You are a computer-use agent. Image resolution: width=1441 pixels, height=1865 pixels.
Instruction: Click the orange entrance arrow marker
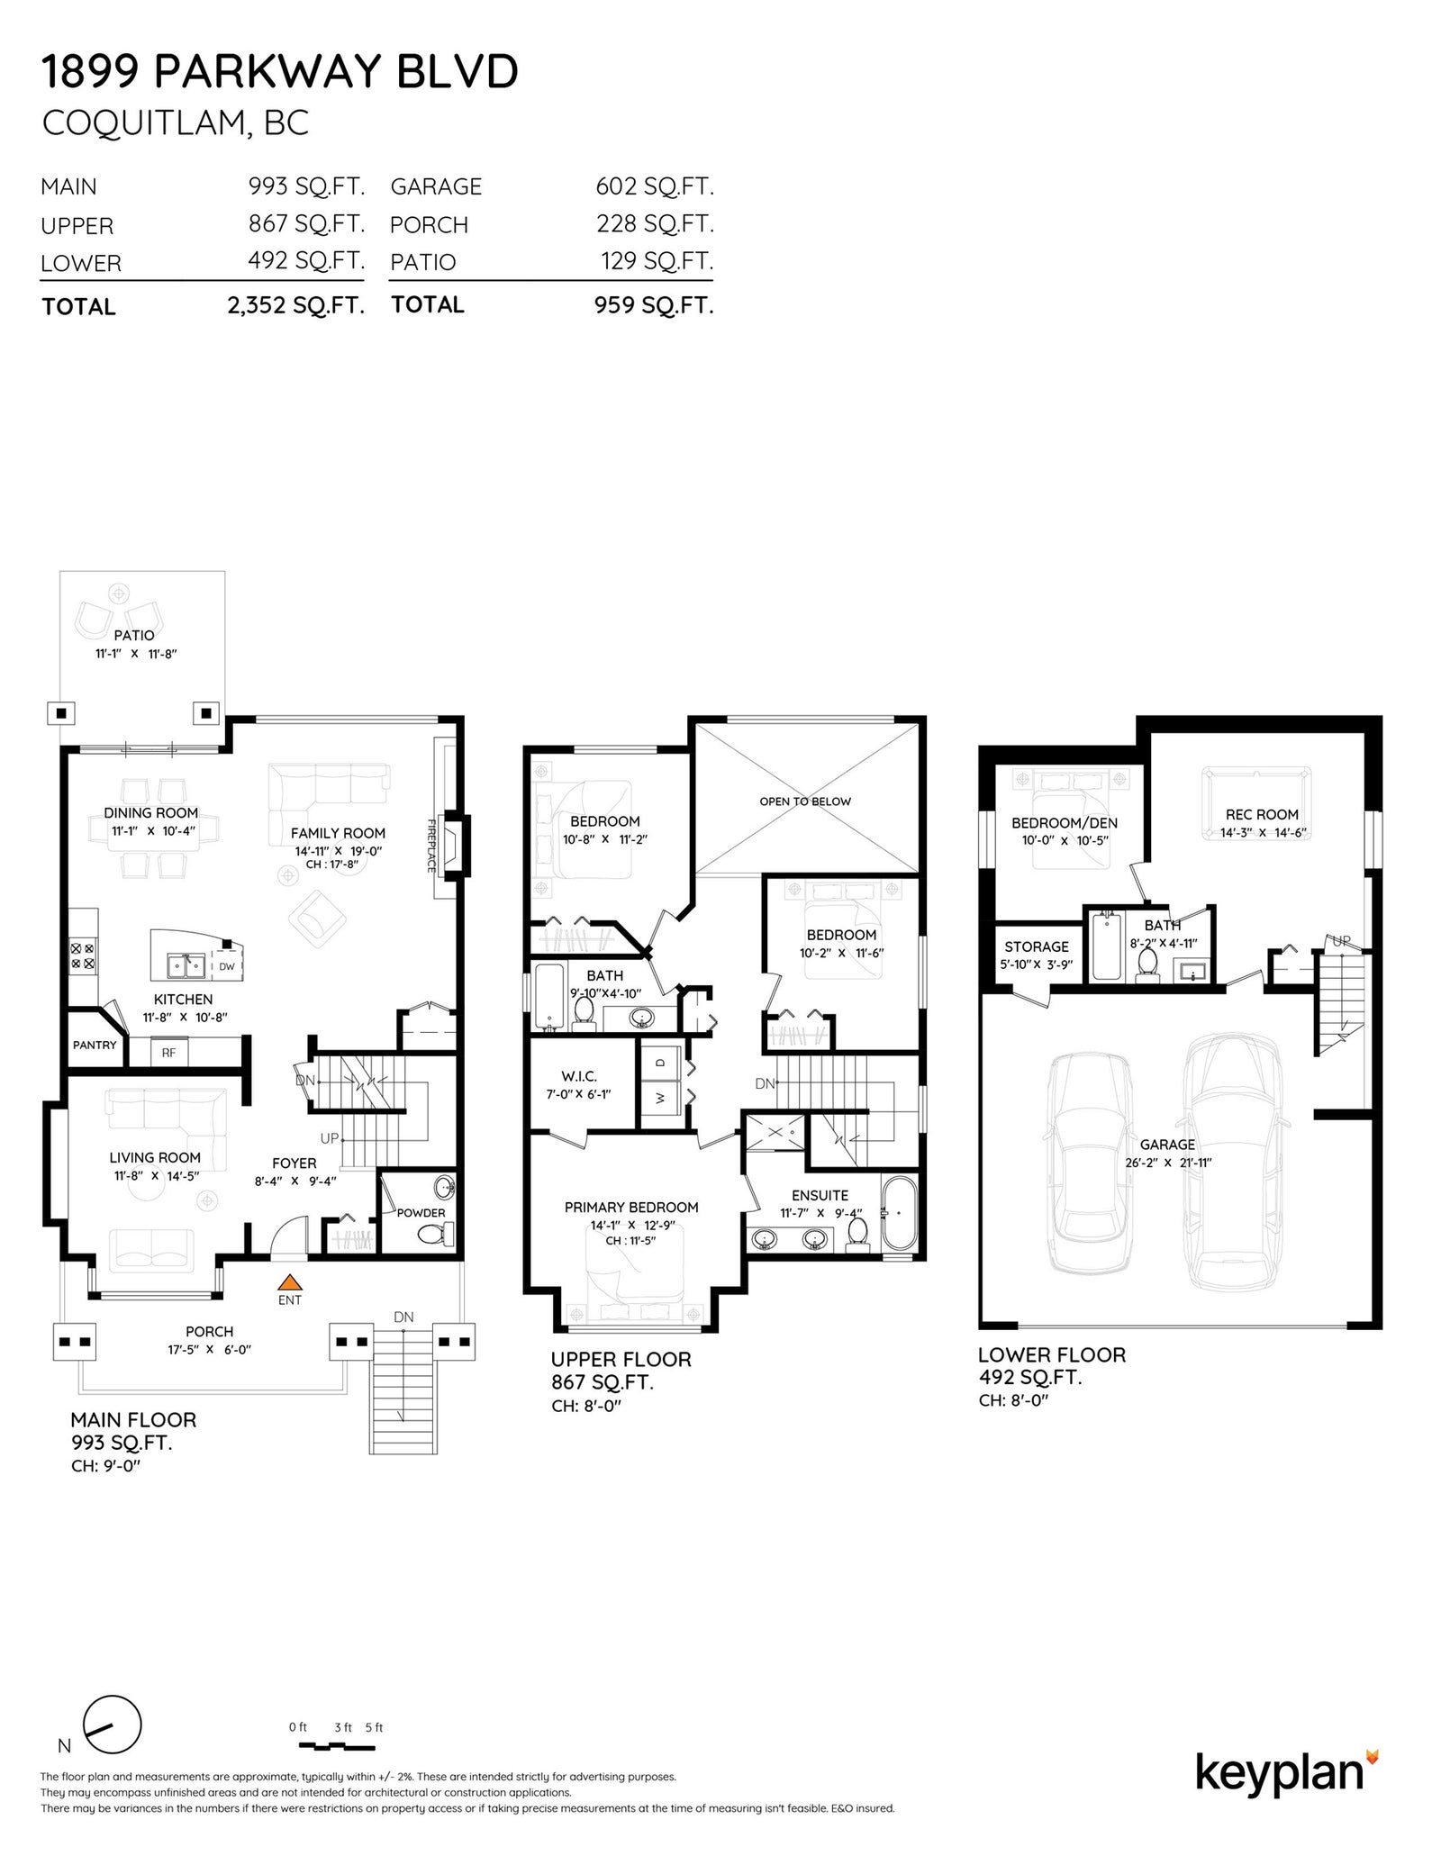coord(289,1282)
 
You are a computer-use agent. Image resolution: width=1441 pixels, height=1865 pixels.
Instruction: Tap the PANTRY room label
coord(95,1045)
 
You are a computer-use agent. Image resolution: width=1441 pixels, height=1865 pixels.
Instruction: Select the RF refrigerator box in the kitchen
coord(168,1052)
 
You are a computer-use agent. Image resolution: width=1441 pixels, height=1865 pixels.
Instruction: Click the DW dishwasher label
coord(226,966)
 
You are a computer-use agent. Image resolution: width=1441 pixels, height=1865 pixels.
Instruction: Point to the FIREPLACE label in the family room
coord(431,845)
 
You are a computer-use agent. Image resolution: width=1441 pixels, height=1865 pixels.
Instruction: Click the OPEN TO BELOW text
coord(805,801)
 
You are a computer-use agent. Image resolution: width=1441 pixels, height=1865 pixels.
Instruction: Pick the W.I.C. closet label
coord(579,1076)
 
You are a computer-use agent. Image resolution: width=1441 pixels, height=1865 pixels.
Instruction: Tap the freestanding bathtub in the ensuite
coord(898,1212)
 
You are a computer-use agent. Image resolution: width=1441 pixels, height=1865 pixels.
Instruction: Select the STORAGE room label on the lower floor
coord(1037,946)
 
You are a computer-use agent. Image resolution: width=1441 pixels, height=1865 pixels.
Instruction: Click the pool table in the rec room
coord(1256,802)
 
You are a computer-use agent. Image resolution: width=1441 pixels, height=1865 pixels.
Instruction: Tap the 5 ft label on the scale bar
coord(374,1727)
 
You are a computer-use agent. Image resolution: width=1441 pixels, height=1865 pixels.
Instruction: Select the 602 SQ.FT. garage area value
coord(655,186)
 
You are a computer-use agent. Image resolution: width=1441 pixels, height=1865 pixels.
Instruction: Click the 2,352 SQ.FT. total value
coord(295,305)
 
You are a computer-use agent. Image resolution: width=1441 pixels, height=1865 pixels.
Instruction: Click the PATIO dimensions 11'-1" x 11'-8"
coord(136,654)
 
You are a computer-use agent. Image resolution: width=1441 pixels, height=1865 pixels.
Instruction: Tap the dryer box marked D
coord(660,1062)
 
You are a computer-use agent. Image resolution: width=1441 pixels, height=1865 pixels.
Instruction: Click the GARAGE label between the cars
coord(1167,1145)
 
